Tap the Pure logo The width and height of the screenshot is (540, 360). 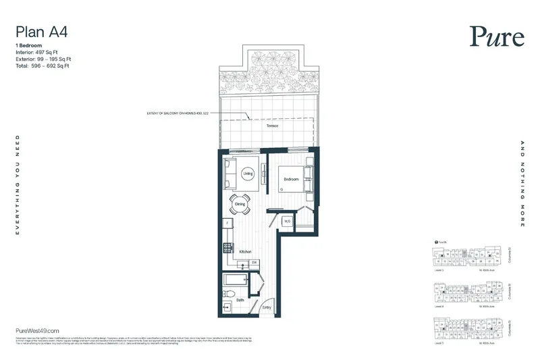pyautogui.click(x=497, y=36)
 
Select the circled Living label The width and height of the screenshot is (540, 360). pyautogui.click(x=248, y=174)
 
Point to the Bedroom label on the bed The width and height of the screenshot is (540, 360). pyautogui.click(x=291, y=179)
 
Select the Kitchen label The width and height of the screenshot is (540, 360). pyautogui.click(x=245, y=251)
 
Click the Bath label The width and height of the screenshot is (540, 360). pyautogui.click(x=240, y=300)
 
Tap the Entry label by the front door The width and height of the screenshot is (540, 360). pyautogui.click(x=267, y=308)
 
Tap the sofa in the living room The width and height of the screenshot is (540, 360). pyautogui.click(x=229, y=174)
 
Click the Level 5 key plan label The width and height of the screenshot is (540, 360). pyautogui.click(x=439, y=267)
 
